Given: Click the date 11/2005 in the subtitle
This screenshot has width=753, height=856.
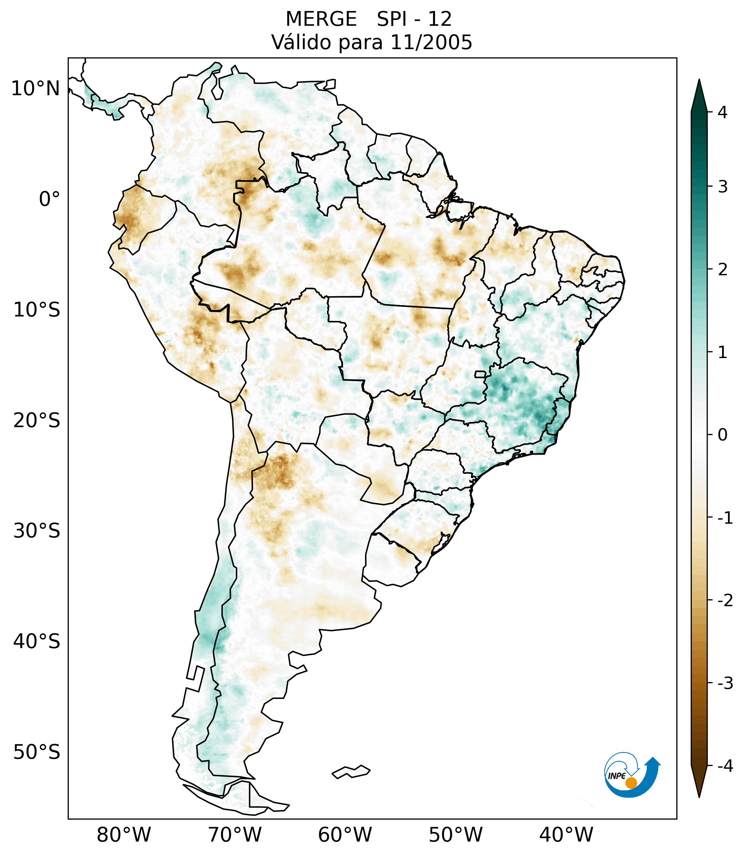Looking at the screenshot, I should (431, 42).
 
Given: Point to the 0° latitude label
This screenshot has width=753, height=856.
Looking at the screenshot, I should (49, 199).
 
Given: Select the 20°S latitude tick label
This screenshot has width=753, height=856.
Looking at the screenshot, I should (37, 421).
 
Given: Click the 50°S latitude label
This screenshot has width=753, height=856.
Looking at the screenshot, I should (37, 753).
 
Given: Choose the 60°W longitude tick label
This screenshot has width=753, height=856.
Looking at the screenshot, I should (345, 835).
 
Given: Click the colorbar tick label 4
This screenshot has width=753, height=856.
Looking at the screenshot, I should (722, 112).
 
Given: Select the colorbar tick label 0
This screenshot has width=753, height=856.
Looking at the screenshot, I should (722, 435).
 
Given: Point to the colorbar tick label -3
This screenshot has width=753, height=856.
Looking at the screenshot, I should (725, 683).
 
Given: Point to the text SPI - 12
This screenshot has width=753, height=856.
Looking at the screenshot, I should (414, 19).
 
